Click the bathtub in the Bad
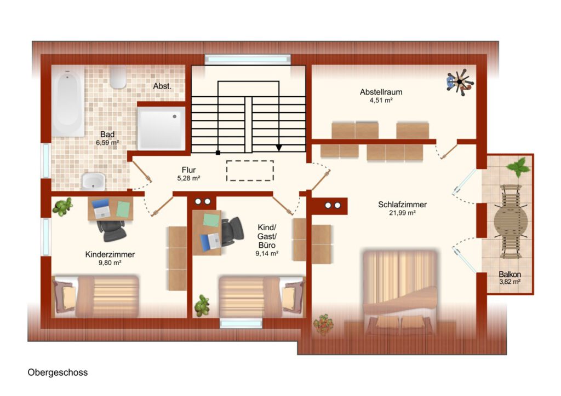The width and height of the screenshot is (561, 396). pyautogui.click(x=68, y=101)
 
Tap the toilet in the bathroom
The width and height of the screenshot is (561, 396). pyautogui.click(x=118, y=77)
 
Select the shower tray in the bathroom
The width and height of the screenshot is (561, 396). pyautogui.click(x=162, y=129)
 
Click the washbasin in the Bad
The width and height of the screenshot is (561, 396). pyautogui.click(x=93, y=181)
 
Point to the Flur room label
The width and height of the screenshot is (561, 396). pyautogui.click(x=188, y=170)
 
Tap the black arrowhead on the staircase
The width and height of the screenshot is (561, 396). pyautogui.click(x=279, y=148)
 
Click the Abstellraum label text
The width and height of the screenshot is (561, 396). pyautogui.click(x=381, y=92)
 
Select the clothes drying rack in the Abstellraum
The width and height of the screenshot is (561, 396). pyautogui.click(x=460, y=82)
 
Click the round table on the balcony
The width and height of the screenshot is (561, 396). pyautogui.click(x=511, y=222)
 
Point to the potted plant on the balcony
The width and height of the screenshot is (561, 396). pyautogui.click(x=518, y=167)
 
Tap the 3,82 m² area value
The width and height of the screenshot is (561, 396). pyautogui.click(x=510, y=282)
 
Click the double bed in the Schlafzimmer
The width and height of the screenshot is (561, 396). pyautogui.click(x=400, y=292)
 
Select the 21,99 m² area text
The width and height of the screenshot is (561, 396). pyautogui.click(x=403, y=213)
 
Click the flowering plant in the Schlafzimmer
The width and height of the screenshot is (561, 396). pyautogui.click(x=323, y=324)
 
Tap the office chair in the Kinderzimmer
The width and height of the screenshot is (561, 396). pyautogui.click(x=112, y=230)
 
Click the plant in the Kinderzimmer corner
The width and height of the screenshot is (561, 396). pyautogui.click(x=62, y=207)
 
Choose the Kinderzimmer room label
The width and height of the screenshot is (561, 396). pyautogui.click(x=110, y=254)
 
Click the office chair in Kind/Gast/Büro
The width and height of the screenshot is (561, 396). pyautogui.click(x=232, y=231)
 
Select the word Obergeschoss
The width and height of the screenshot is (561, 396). pyautogui.click(x=58, y=372)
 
